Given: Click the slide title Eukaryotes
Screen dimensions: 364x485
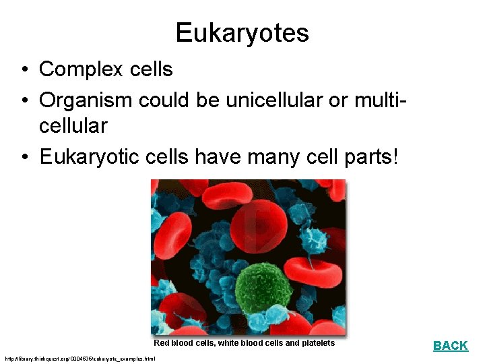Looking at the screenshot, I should (x=242, y=33).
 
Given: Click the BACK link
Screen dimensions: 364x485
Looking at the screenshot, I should (x=450, y=346).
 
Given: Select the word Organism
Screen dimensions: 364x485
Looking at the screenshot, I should (x=86, y=100).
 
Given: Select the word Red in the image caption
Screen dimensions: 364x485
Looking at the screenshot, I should (x=161, y=343).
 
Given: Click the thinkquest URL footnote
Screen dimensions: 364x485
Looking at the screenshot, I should (x=79, y=359).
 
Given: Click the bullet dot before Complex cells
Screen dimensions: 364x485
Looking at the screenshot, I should (x=24, y=69).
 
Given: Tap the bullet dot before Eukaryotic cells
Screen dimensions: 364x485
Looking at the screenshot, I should (x=24, y=158).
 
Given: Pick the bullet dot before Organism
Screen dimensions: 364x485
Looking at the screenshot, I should (x=24, y=100).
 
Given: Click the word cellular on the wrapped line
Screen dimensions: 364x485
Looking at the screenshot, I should (x=73, y=125).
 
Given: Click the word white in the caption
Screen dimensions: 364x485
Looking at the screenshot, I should (x=227, y=343).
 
